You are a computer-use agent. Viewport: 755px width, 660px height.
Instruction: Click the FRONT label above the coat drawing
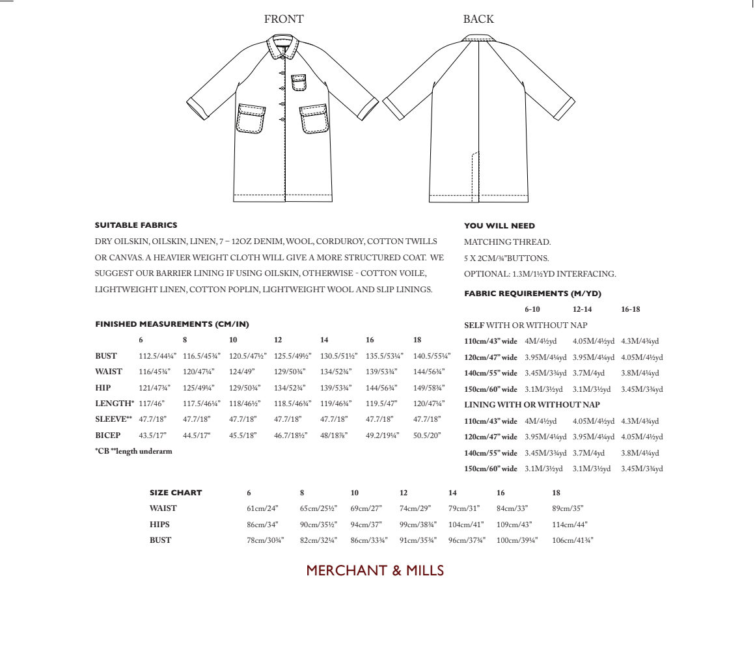(x=283, y=20)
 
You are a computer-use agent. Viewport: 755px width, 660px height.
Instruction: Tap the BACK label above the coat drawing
(x=478, y=20)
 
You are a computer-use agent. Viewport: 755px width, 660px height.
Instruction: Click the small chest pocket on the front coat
(x=299, y=83)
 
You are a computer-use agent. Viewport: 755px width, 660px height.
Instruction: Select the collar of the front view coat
(x=284, y=47)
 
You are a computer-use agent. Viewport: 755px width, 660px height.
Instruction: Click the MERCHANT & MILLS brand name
(x=375, y=571)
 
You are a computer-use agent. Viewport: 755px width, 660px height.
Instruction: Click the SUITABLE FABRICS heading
(x=136, y=225)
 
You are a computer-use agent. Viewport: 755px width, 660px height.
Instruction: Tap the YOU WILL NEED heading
(x=499, y=226)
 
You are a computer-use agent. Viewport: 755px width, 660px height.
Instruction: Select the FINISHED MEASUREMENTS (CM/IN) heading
(x=172, y=324)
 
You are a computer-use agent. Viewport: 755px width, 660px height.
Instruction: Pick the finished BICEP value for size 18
(x=427, y=435)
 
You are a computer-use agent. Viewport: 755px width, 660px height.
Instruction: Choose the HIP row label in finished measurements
(x=103, y=388)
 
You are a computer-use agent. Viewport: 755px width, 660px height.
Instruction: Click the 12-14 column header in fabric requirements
(x=582, y=309)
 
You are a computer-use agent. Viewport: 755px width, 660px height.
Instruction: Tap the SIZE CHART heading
(x=176, y=493)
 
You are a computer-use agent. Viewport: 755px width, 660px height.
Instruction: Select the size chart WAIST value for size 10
(x=366, y=508)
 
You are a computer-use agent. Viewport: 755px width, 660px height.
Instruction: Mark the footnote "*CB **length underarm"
(x=133, y=451)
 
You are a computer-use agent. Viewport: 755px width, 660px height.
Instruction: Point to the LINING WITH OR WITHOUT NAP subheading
(x=532, y=405)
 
